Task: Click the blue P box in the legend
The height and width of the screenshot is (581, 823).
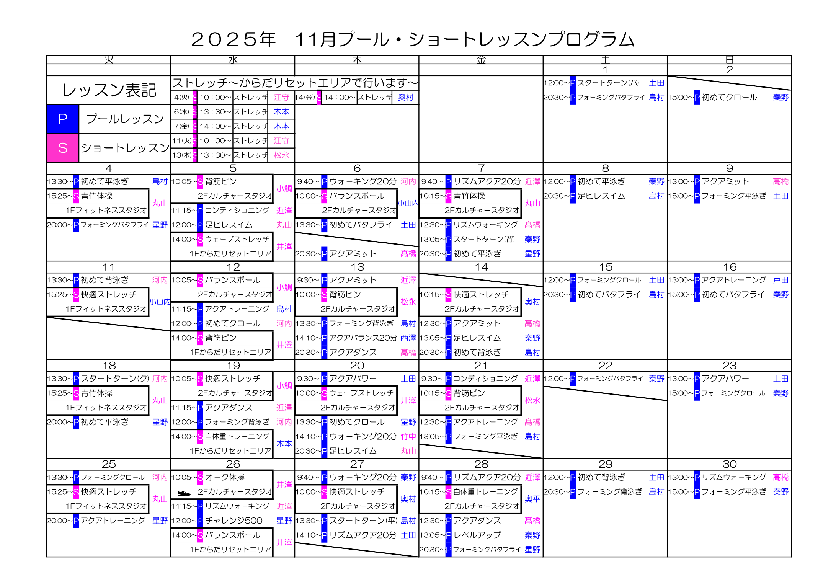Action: click(x=63, y=119)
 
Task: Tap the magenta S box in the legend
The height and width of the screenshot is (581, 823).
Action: click(x=63, y=148)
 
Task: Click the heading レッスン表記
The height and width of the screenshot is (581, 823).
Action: click(x=109, y=90)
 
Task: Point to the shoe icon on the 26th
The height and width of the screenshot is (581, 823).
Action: click(x=184, y=493)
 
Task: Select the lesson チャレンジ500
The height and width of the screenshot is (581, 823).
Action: click(x=234, y=521)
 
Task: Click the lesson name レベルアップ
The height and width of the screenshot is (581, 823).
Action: click(x=477, y=535)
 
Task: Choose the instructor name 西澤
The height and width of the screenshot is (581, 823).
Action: click(x=408, y=338)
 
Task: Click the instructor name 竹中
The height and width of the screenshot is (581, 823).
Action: click(x=408, y=436)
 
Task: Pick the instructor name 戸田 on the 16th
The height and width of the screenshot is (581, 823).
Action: click(x=781, y=280)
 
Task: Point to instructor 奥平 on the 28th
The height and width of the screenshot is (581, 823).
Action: click(x=532, y=499)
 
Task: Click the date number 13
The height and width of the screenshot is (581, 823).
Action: click(x=357, y=267)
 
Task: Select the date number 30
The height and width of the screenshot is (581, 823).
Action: click(x=730, y=464)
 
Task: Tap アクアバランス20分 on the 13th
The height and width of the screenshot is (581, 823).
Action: click(x=363, y=338)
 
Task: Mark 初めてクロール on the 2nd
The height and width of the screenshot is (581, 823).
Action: click(x=729, y=97)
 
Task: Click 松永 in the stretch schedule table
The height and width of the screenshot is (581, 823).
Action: click(x=281, y=155)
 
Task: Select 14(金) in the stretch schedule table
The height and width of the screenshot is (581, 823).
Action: click(x=305, y=97)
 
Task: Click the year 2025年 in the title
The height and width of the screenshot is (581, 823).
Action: click(x=233, y=39)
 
